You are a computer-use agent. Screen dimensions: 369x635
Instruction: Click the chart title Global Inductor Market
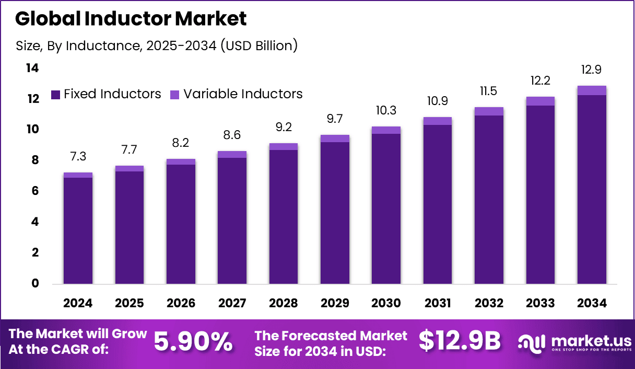[131, 19]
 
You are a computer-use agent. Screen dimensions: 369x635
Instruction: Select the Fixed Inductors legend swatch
[56, 95]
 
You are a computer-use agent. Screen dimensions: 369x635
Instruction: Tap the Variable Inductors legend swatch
[175, 95]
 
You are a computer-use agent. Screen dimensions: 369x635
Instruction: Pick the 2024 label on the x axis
[78, 304]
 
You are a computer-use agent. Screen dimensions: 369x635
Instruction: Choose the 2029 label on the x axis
[335, 304]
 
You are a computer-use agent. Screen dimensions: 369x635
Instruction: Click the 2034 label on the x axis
[592, 304]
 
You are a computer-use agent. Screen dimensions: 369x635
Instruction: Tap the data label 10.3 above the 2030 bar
[386, 111]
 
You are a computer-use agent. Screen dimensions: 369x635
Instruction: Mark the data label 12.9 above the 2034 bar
[592, 70]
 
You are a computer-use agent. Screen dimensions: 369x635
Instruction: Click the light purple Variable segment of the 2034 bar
[592, 90]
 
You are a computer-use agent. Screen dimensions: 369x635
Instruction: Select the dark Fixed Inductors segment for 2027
[232, 220]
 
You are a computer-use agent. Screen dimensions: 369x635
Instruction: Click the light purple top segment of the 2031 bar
[438, 121]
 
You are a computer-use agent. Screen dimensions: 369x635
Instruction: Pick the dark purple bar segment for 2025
[130, 227]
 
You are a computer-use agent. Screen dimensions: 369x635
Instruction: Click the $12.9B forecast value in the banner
[460, 341]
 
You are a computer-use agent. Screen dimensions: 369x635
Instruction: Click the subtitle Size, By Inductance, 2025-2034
[157, 46]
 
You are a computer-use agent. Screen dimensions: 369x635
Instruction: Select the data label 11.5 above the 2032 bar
[489, 91]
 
